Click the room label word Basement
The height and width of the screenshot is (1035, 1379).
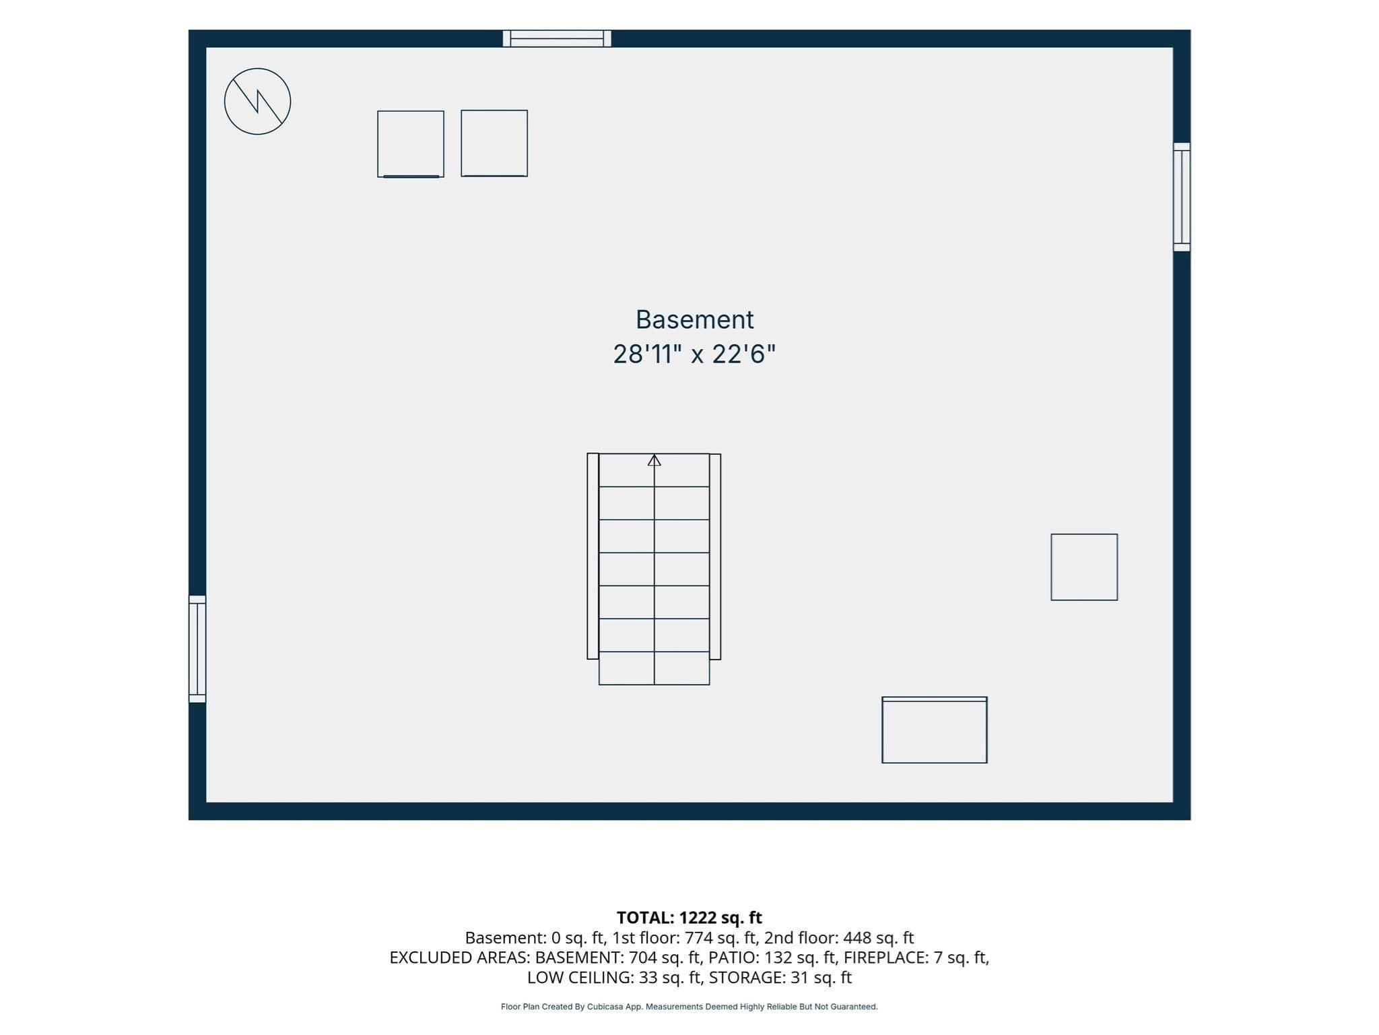[x=694, y=319]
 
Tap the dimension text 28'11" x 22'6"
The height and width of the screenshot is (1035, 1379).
[x=694, y=354]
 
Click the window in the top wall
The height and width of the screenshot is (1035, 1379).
[x=557, y=38]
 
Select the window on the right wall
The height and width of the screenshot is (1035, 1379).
[x=1182, y=197]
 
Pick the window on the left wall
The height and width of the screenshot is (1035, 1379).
[x=197, y=649]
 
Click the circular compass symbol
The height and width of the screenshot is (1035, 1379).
[x=257, y=101]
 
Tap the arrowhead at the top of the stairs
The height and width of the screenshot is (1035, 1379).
[x=654, y=460]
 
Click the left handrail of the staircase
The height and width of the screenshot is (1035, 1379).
[x=593, y=556]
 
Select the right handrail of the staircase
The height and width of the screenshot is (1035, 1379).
[x=715, y=557]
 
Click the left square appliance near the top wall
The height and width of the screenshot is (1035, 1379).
[x=411, y=144]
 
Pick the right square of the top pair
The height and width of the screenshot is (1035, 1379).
[x=494, y=144]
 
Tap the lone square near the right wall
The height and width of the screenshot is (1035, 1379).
[x=1084, y=567]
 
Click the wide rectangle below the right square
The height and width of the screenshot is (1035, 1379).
[x=935, y=730]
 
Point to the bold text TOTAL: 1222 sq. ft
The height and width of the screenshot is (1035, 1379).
[x=689, y=918]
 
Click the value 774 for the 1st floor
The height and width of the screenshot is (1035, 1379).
[x=698, y=938]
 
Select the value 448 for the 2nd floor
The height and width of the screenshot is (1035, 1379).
[x=857, y=938]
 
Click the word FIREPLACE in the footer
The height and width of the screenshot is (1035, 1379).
[x=885, y=958]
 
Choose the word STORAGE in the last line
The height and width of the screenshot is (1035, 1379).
[x=746, y=977]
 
